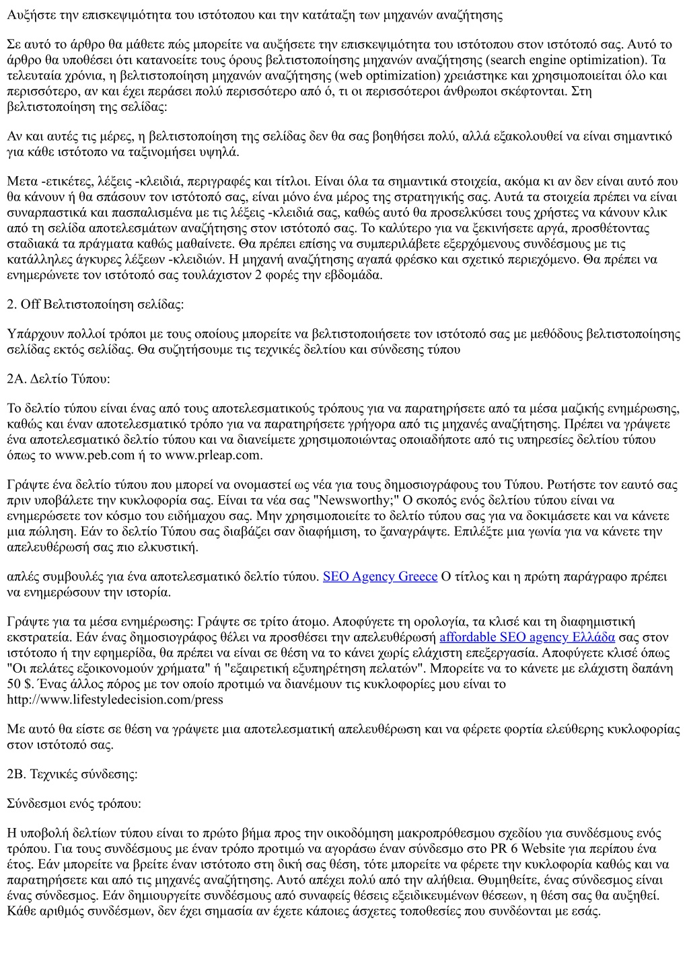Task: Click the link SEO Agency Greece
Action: click(x=380, y=576)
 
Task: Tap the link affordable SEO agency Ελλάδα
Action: click(x=527, y=637)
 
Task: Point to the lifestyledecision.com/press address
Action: click(x=115, y=700)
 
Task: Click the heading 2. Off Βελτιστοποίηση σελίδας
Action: click(x=95, y=305)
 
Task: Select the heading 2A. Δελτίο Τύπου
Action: click(x=58, y=379)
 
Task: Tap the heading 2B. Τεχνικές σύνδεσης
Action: click(x=72, y=774)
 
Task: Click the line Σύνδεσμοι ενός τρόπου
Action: click(x=74, y=804)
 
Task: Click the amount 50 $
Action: click(x=20, y=684)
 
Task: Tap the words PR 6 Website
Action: click(x=508, y=849)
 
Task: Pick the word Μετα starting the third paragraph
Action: click(x=22, y=181)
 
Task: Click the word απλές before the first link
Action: click(x=22, y=576)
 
